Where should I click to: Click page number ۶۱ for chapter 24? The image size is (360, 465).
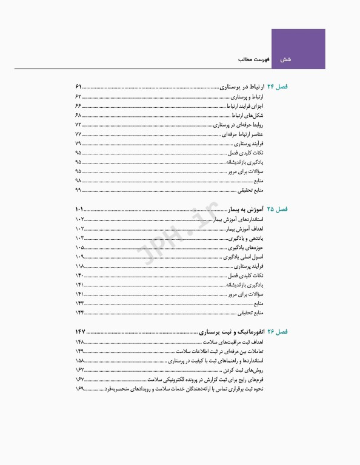(79, 87)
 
